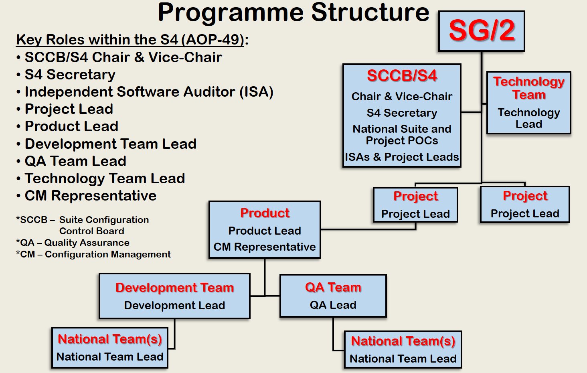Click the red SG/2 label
tap(482, 30)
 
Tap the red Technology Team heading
tap(529, 88)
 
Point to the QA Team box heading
tap(333, 287)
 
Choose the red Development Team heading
tap(174, 288)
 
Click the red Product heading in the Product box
tap(265, 213)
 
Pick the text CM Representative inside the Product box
tap(265, 247)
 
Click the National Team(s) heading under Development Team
tap(110, 339)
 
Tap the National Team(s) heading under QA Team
tap(403, 341)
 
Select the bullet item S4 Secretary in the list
tap(70, 75)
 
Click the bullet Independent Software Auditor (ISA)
tap(149, 92)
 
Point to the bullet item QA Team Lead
tap(75, 161)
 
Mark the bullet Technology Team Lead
tap(105, 178)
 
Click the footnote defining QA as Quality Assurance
tap(73, 243)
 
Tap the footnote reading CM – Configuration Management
tap(93, 254)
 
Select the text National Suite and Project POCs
tap(402, 135)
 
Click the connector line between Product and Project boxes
tap(368, 230)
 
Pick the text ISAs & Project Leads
tap(402, 157)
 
